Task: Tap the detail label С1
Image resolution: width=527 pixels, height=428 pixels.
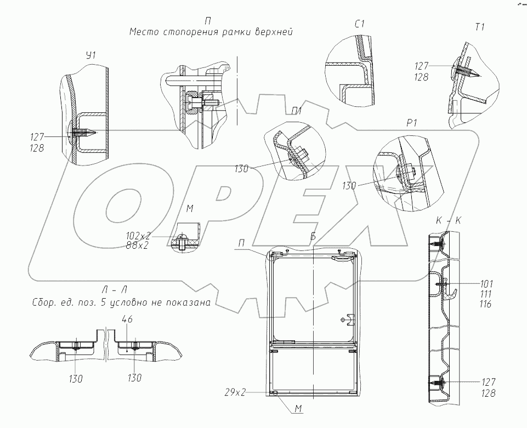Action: (361, 25)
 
